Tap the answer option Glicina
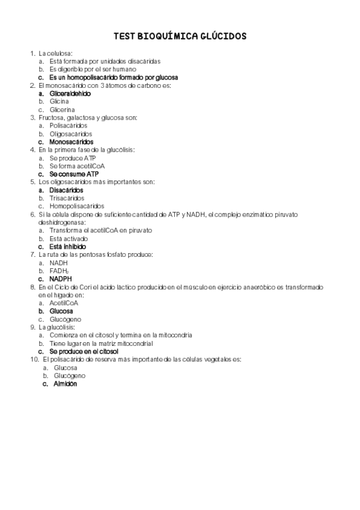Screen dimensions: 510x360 [59, 102]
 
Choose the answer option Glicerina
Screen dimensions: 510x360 [62, 110]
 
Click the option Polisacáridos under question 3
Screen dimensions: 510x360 [69, 126]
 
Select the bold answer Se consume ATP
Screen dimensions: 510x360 [74, 174]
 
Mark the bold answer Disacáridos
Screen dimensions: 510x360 [66, 190]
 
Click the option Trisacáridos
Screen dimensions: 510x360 [67, 198]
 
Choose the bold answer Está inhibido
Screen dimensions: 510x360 [67, 247]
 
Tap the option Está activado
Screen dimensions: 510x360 [69, 238]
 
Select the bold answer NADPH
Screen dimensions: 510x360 [61, 279]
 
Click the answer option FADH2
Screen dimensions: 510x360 [59, 271]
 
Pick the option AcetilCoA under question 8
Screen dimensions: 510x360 [64, 303]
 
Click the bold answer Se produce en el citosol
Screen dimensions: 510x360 [84, 351]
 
